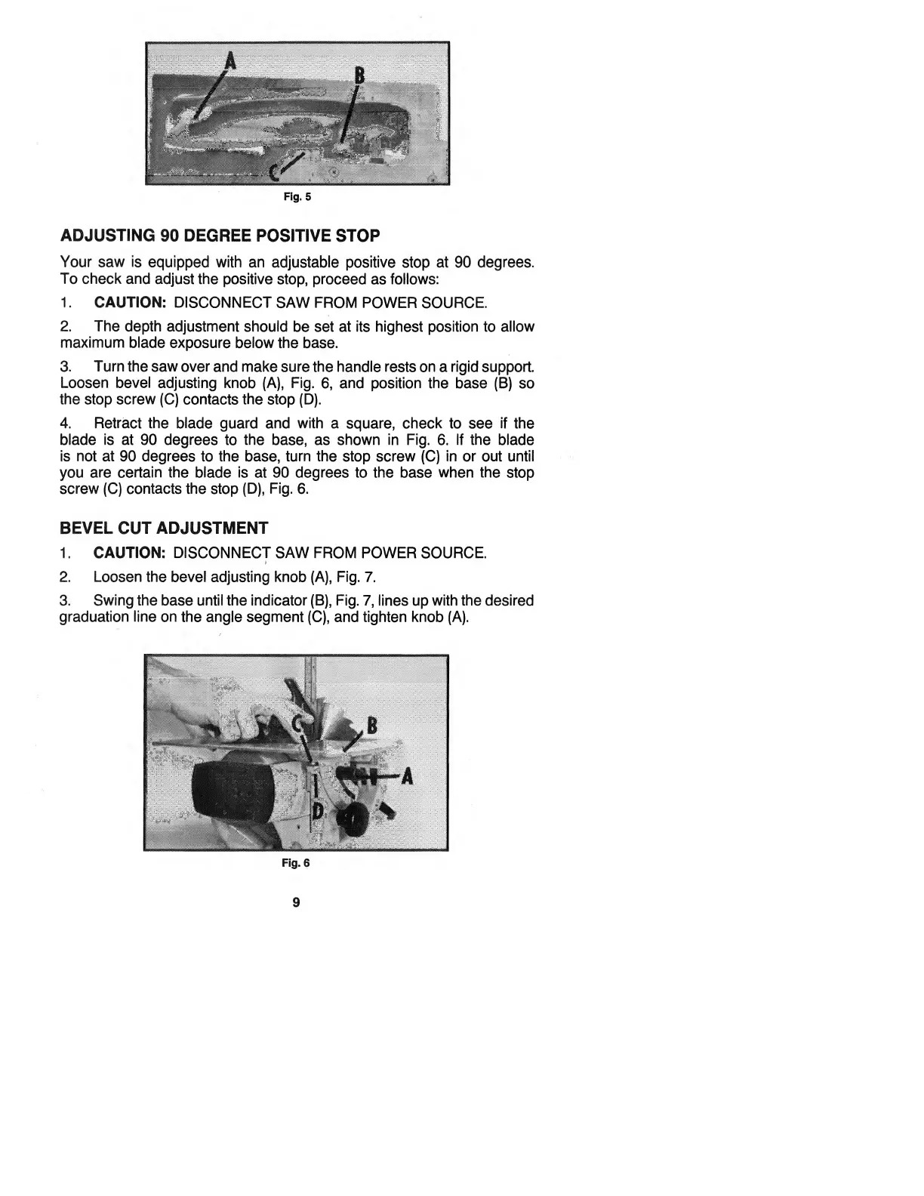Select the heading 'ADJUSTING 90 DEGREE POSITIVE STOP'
(220, 236)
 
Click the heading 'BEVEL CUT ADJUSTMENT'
(164, 527)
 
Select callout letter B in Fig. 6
(371, 728)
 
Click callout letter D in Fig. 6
(318, 811)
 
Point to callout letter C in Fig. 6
(300, 726)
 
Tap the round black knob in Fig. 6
(353, 818)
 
